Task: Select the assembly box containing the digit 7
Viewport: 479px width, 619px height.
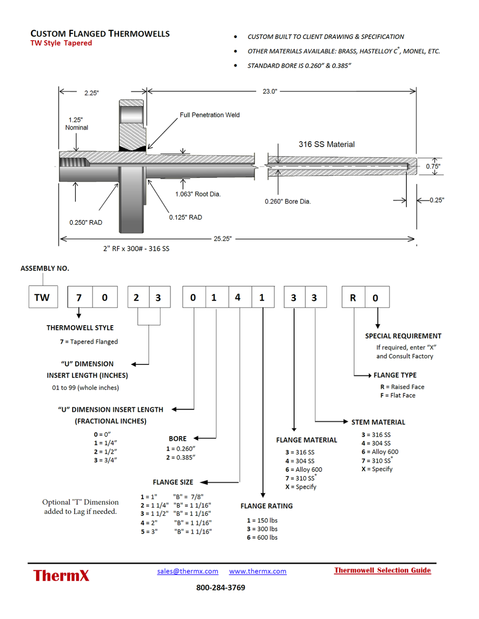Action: tap(79, 297)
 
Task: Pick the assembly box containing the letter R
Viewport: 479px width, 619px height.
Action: tap(353, 297)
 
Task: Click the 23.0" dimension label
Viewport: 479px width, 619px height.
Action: tap(270, 91)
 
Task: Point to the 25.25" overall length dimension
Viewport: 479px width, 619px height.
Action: tap(222, 239)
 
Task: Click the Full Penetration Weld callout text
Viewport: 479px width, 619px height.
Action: tap(209, 115)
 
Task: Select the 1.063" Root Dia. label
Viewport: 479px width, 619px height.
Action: tap(198, 194)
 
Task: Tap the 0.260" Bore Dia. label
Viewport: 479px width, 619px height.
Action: tap(287, 201)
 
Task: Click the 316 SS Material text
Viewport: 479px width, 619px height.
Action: tap(326, 144)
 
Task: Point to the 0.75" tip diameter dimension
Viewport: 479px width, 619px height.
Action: tap(433, 166)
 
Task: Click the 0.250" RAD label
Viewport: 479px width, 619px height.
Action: tap(86, 222)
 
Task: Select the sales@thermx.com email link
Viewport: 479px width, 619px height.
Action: tap(188, 571)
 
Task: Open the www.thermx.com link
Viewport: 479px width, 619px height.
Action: tap(257, 571)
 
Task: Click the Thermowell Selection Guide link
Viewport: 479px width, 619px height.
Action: tap(382, 570)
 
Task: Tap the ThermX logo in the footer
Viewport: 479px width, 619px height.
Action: tap(61, 575)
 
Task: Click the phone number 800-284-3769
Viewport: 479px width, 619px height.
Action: tap(220, 588)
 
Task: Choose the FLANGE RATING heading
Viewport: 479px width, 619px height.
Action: tap(266, 506)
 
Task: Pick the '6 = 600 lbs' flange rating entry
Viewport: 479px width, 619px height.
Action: tap(262, 538)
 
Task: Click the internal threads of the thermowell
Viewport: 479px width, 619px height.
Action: tap(74, 163)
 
